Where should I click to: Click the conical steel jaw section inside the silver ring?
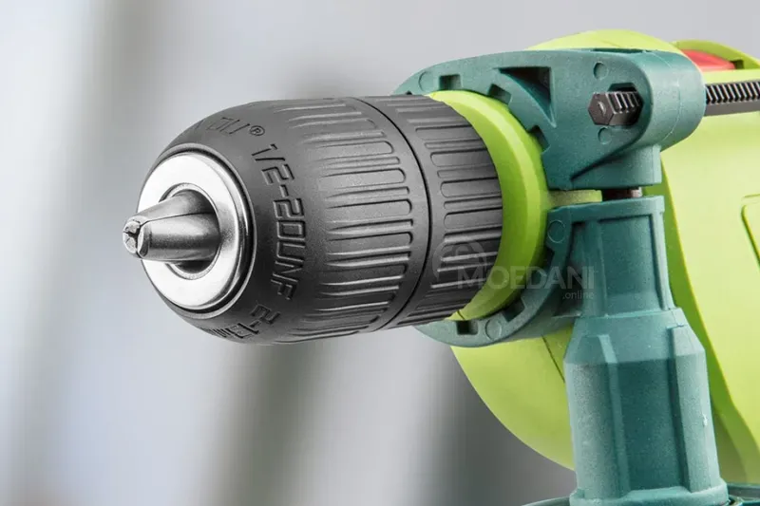click(x=180, y=228)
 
